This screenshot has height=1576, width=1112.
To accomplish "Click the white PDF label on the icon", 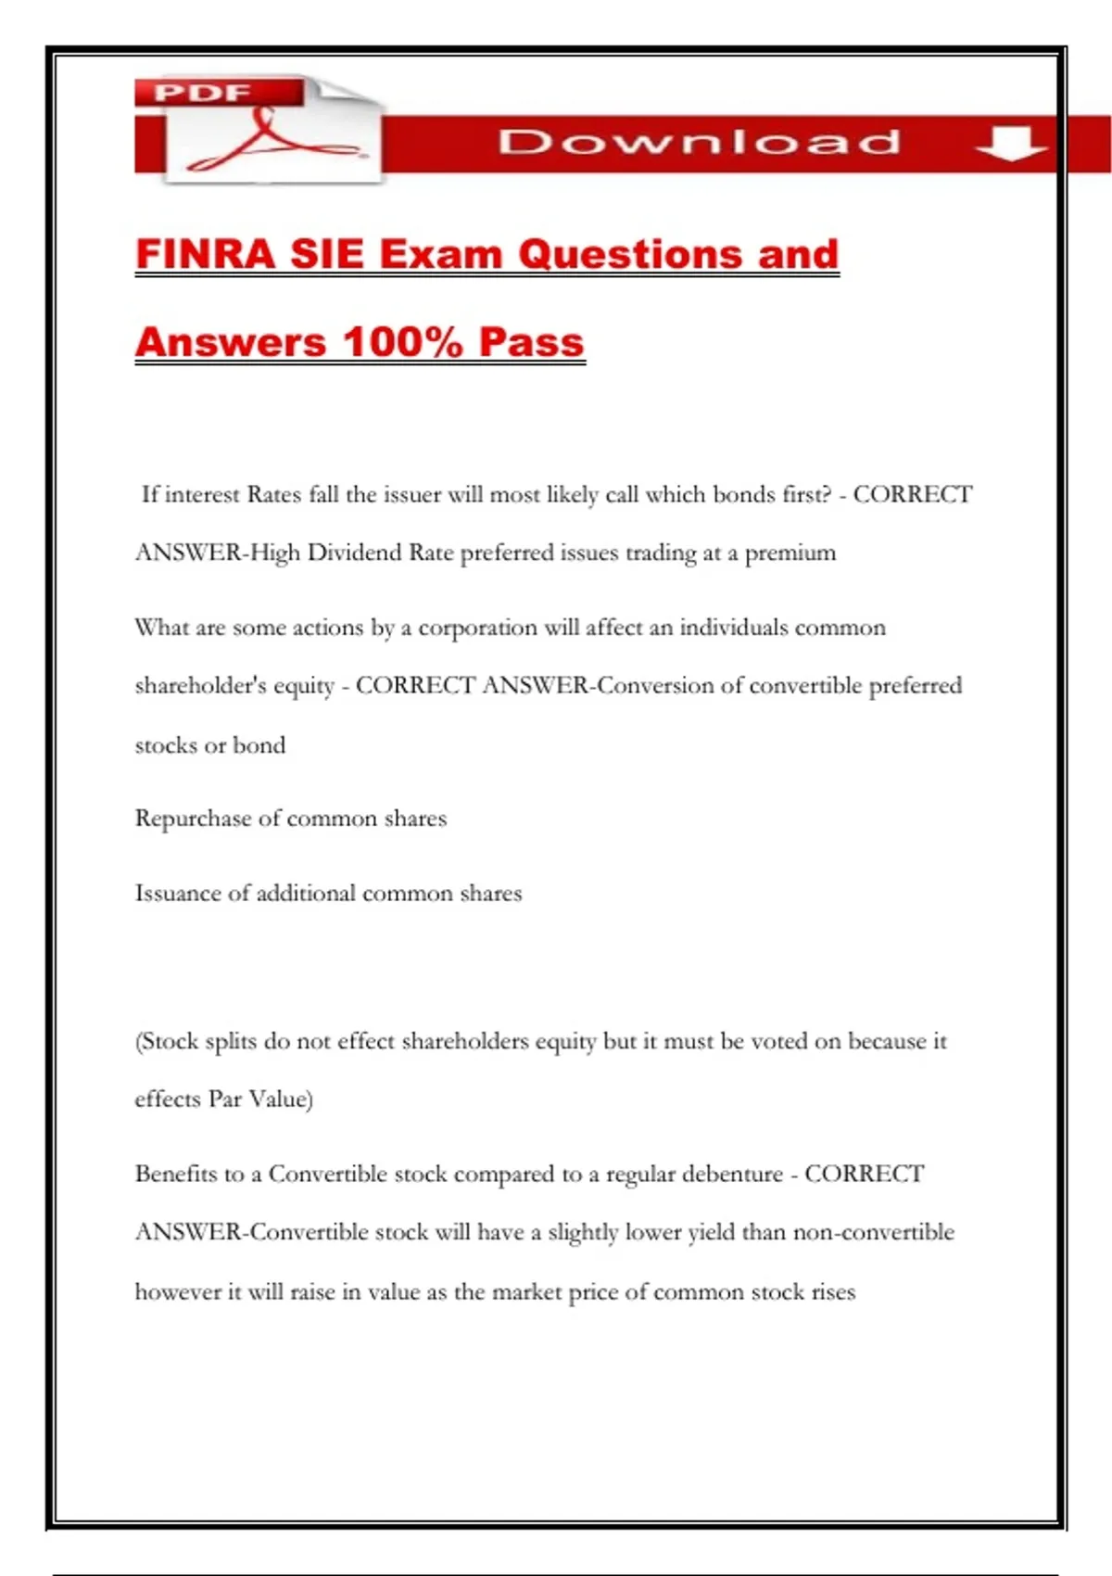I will click(x=202, y=93).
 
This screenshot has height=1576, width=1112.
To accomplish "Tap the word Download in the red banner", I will click(x=700, y=142).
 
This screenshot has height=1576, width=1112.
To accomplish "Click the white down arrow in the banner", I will click(x=1011, y=144).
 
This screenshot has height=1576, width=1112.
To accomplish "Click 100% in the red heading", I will click(x=403, y=341).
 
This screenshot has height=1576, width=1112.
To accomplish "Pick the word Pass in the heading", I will click(x=532, y=341).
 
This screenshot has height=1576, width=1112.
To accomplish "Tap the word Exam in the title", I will click(x=440, y=254).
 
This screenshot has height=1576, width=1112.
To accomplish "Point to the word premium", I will click(x=790, y=553).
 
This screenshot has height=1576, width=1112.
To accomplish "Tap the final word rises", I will click(x=833, y=1292).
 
